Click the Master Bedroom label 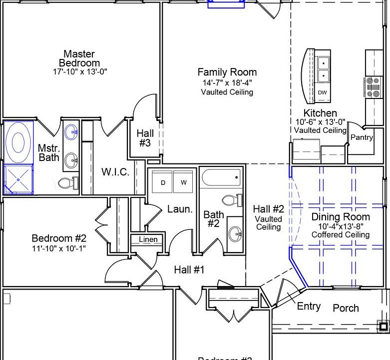[x=79, y=58]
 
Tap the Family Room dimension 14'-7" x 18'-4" [x=227, y=83]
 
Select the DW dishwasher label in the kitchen [x=323, y=93]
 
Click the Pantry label [x=362, y=137]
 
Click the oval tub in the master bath [x=18, y=142]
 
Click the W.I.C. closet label [x=116, y=172]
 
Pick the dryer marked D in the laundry [x=162, y=182]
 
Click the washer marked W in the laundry [x=183, y=182]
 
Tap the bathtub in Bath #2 [x=222, y=177]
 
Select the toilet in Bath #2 [x=230, y=201]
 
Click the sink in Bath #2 [x=235, y=233]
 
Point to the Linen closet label [x=148, y=240]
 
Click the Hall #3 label [x=145, y=138]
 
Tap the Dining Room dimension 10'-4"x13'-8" [x=341, y=226]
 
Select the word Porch [x=346, y=308]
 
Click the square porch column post [x=383, y=326]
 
